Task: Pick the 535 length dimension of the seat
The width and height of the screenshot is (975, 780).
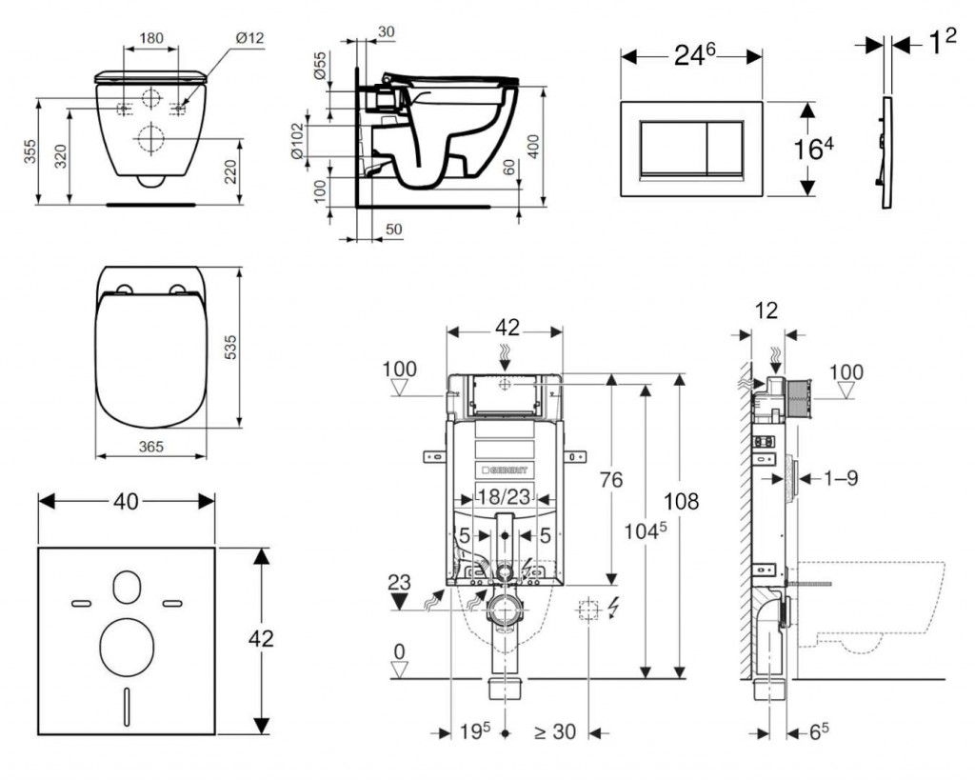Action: pos(255,348)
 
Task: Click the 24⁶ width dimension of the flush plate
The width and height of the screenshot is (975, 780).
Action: pos(691,54)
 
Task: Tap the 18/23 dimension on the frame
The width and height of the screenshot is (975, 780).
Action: pos(504,496)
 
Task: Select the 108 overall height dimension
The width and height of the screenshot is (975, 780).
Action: pos(706,502)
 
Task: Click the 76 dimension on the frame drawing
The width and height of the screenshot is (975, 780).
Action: pos(612,479)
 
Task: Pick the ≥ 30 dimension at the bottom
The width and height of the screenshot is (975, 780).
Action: pos(556,733)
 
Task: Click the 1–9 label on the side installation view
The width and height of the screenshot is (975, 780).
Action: pos(840,478)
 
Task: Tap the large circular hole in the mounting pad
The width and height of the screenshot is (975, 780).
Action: pos(125,643)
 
